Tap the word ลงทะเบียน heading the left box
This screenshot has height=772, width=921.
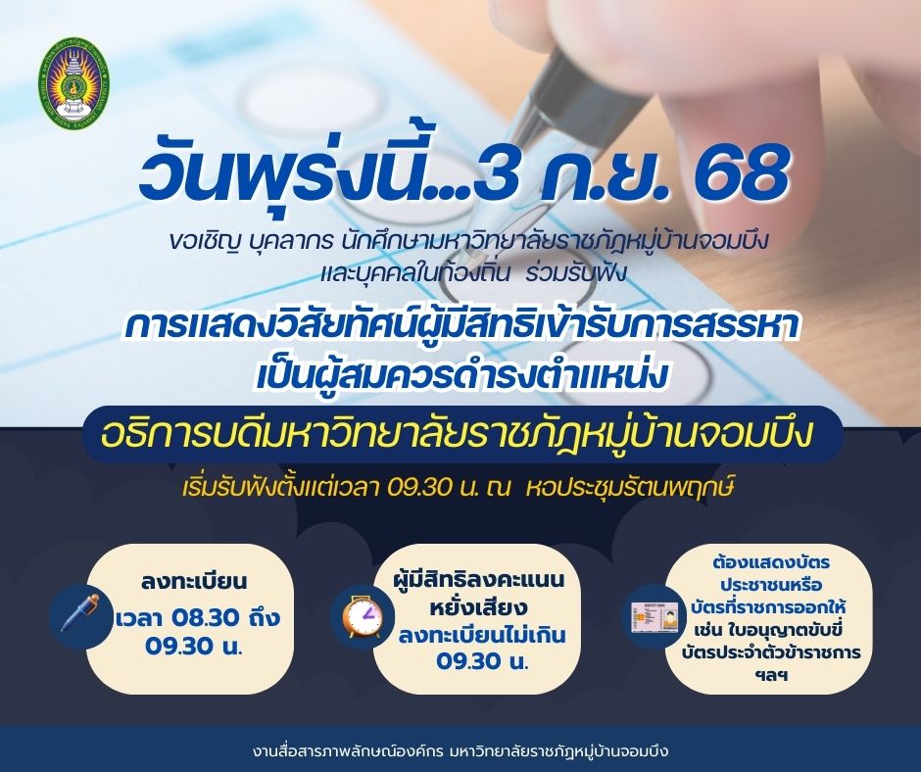click(x=193, y=582)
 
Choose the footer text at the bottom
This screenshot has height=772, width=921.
click(x=460, y=751)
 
